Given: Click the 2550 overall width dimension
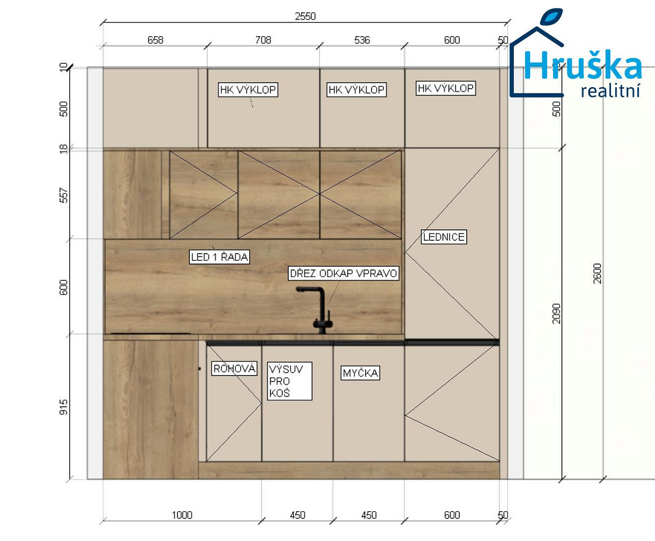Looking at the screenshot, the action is (x=305, y=16).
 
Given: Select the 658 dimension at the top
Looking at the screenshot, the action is (x=155, y=40).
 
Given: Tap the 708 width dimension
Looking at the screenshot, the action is (x=263, y=40).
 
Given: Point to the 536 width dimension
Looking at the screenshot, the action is (x=362, y=40).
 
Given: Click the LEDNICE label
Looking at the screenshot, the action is (x=444, y=237).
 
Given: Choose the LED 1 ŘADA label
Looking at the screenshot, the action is (x=219, y=257).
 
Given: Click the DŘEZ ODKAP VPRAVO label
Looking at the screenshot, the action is (x=343, y=273).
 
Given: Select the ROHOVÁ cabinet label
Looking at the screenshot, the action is (x=234, y=368).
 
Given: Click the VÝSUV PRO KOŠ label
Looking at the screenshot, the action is (x=289, y=381).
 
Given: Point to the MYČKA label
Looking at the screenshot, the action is (x=360, y=373).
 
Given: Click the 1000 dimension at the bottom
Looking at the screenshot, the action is (x=182, y=515).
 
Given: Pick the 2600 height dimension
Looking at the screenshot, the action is (x=597, y=273).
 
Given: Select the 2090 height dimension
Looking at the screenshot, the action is (x=556, y=313).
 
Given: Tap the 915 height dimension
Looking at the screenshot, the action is (x=63, y=407).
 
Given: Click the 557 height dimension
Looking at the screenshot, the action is (x=63, y=195).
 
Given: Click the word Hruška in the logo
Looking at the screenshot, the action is (x=583, y=65).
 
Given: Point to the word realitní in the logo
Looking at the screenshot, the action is (x=610, y=91).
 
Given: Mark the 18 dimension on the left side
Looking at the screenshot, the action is (x=63, y=149).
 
